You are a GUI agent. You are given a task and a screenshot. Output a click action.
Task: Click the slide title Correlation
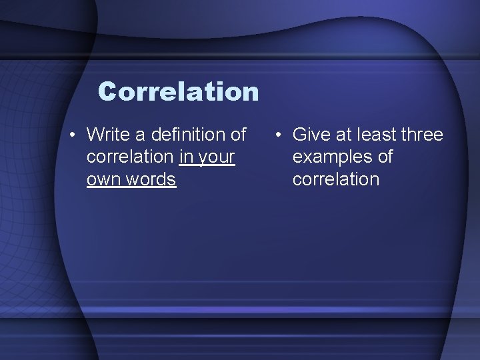(178, 91)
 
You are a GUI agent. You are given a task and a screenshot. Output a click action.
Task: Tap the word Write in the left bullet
(107, 135)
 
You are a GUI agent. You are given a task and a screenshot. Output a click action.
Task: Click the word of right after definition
(238, 135)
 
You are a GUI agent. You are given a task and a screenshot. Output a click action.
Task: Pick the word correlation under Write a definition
(130, 157)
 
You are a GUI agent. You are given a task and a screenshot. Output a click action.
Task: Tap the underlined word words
(153, 180)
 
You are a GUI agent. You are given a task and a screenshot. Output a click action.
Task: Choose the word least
(377, 135)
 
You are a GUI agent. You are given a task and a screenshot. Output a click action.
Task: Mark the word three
(423, 135)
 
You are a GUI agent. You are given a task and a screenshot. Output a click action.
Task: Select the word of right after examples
(385, 157)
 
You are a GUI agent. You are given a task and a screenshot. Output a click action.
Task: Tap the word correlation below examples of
(336, 180)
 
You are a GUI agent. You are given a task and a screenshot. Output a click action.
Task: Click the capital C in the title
(108, 91)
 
